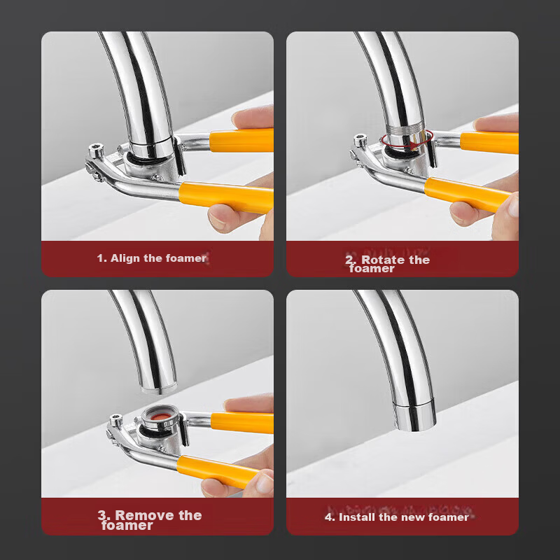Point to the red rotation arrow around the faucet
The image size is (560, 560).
407,139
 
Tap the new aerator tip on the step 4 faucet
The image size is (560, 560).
414,416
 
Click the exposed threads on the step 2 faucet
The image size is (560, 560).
405,129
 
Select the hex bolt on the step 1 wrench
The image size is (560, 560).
96,150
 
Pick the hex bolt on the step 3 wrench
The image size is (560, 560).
115,419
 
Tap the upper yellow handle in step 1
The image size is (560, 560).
241,141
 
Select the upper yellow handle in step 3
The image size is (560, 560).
242,423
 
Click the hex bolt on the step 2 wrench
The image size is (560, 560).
360,139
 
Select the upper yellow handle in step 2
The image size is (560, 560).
489,143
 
